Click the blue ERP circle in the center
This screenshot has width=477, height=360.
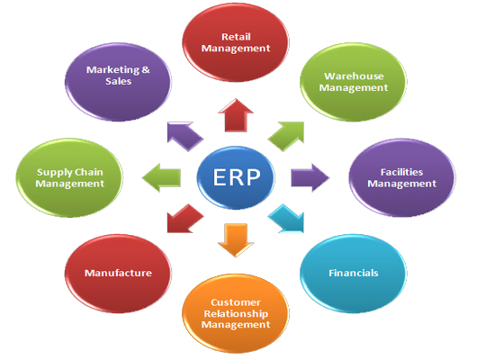point(236,177)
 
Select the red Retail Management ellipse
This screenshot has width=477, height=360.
point(236,42)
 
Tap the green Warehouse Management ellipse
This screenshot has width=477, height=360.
point(353,82)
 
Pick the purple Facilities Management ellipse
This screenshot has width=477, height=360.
point(402,177)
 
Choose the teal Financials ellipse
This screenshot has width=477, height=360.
point(353,274)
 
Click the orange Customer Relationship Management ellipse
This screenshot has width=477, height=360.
point(236,313)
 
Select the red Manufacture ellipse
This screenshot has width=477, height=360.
point(118,274)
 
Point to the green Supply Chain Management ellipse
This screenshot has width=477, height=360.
point(69,177)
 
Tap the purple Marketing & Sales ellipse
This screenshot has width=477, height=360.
point(118,82)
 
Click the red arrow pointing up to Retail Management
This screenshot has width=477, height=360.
point(236,115)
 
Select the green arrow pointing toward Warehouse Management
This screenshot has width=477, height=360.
point(287,135)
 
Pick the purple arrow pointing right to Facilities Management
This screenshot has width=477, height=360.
point(310,177)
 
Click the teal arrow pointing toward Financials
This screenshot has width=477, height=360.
point(287,219)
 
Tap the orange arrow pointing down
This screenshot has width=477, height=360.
point(236,240)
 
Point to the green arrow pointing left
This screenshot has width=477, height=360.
point(161,177)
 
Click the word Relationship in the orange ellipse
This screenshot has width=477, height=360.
point(236,313)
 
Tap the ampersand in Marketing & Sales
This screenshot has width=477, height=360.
point(146,70)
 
